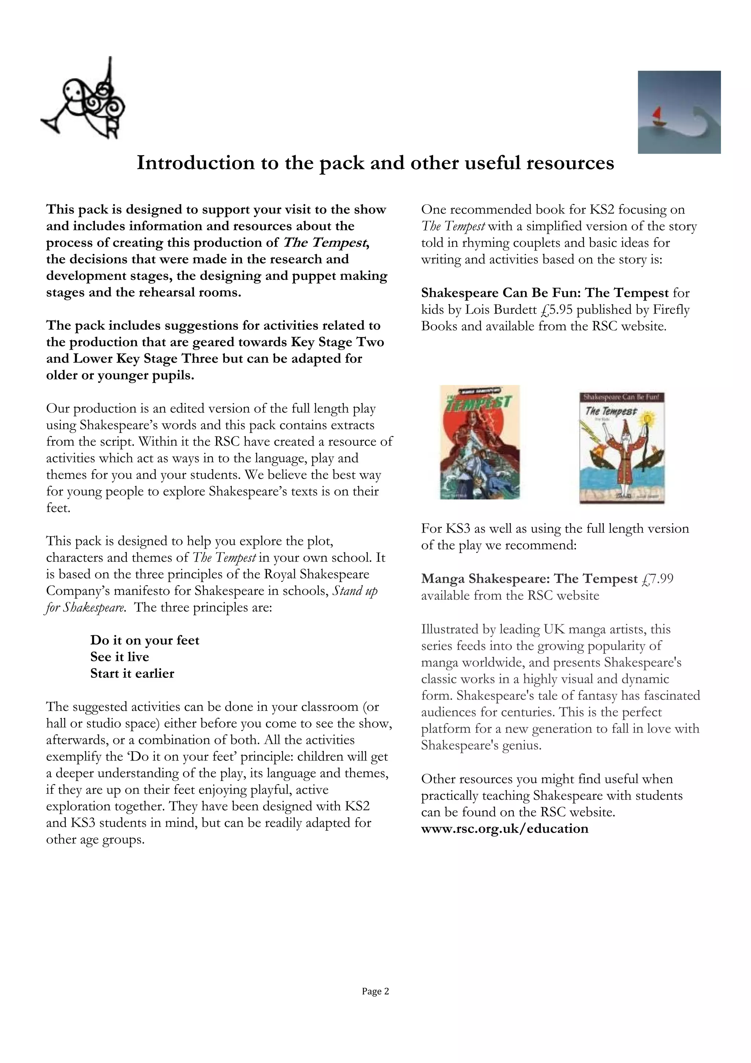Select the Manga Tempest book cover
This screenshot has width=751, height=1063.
tap(479, 442)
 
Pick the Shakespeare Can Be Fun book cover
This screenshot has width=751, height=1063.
tap(622, 448)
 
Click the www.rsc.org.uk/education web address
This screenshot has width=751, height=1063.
tap(504, 828)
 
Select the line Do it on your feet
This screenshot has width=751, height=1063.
tap(144, 640)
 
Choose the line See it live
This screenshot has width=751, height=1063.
tap(120, 657)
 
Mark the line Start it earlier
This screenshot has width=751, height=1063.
tap(132, 673)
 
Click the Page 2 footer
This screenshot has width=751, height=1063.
tap(375, 991)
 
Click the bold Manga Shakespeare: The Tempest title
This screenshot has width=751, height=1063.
tap(529, 579)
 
